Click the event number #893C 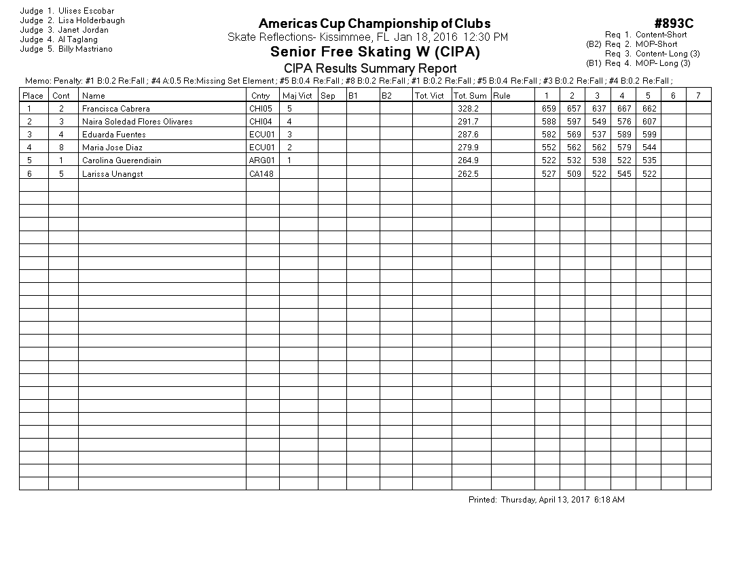pos(674,24)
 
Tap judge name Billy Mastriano pos(86,49)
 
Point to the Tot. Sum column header pos(470,96)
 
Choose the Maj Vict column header pos(297,96)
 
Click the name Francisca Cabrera pos(116,108)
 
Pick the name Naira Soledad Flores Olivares pos(137,122)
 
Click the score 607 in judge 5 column pos(649,122)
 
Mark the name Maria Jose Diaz pos(112,148)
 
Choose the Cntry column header pos(260,96)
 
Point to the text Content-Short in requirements pos(661,35)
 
